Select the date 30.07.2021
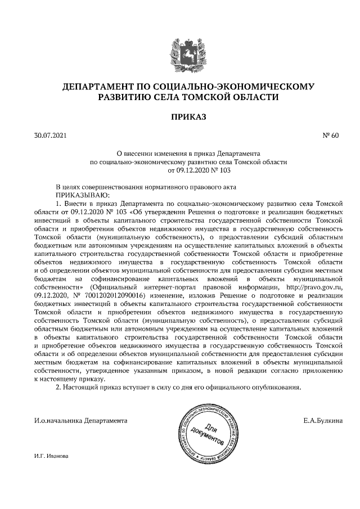click(50, 136)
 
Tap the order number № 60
click(330, 136)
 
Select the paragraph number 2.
click(58, 388)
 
